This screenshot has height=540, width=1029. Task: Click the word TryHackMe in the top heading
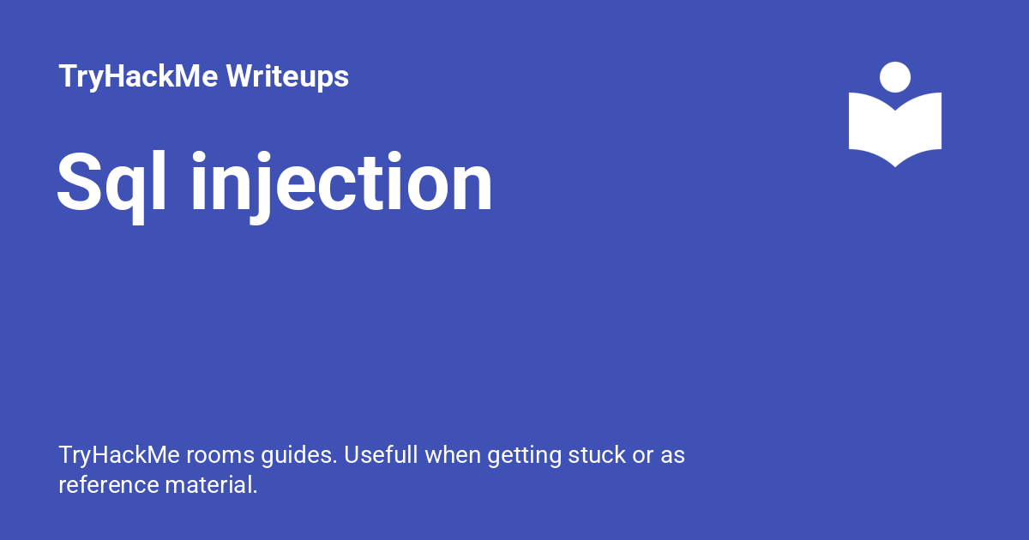[x=138, y=76]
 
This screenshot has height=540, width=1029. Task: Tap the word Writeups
[x=287, y=76]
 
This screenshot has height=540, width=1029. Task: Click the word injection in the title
[x=342, y=187]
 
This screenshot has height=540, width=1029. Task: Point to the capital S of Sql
[x=79, y=182]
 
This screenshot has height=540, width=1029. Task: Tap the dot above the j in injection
[x=263, y=159]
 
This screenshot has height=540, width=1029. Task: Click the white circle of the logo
[x=895, y=77]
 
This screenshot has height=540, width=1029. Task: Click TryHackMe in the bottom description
[x=119, y=456]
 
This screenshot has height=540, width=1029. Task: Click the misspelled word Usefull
[x=381, y=455]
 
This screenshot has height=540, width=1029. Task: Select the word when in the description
[x=453, y=455]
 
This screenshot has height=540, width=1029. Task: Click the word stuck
[x=597, y=455]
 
